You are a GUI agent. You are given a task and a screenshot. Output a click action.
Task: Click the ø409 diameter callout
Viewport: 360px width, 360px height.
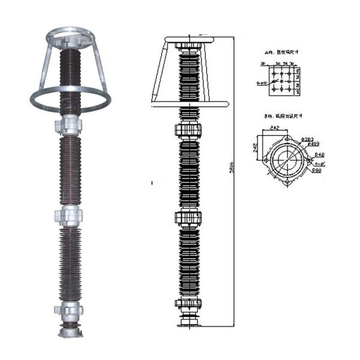tap(311, 144)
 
